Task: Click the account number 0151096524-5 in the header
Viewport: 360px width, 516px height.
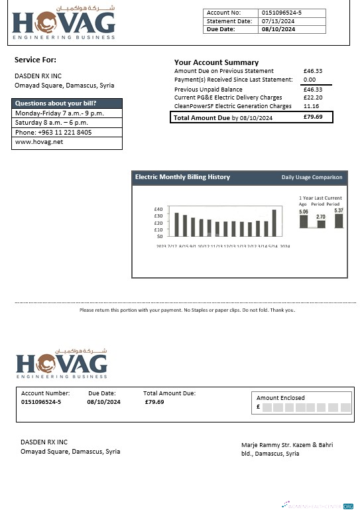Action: [x=282, y=13]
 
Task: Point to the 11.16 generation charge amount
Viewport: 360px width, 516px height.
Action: [x=310, y=106]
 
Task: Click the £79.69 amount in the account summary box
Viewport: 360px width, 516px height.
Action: [x=313, y=117]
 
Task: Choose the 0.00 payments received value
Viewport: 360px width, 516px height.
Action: [x=310, y=80]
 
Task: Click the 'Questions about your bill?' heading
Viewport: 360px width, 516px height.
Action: [x=56, y=103]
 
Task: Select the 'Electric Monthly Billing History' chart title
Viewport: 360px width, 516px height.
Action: [x=182, y=177]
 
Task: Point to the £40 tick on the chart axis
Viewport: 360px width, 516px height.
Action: [x=158, y=209]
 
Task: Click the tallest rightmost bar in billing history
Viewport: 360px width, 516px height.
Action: [x=274, y=223]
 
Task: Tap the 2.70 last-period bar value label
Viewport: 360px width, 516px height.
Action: [x=321, y=217]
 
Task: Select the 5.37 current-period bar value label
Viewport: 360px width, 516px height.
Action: [x=339, y=210]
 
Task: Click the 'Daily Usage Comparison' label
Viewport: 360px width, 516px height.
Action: [x=312, y=177]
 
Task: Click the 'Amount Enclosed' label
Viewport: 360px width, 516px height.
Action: [x=280, y=398]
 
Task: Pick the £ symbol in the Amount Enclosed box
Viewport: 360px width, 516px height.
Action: [x=258, y=407]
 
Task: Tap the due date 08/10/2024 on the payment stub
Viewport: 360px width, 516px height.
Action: [x=103, y=402]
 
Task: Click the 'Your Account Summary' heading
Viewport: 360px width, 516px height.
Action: [x=216, y=62]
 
